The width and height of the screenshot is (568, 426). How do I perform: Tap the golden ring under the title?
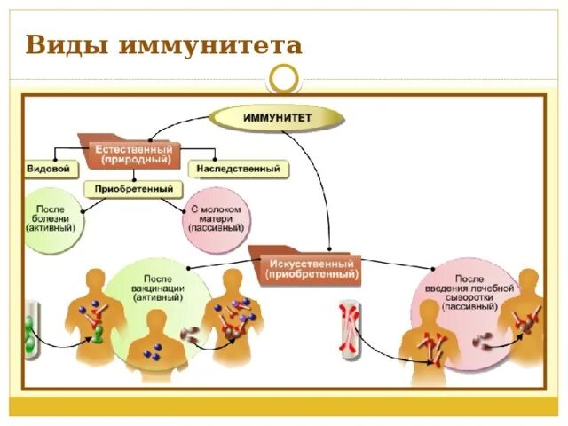pyautogui.click(x=285, y=78)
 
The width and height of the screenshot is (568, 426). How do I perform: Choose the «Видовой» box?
pyautogui.click(x=50, y=167)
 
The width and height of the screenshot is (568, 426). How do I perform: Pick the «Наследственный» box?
pyautogui.click(x=237, y=168)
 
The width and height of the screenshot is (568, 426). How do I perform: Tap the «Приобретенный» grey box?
pyautogui.click(x=133, y=189)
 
